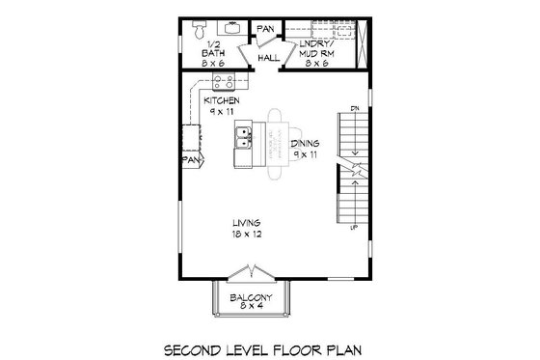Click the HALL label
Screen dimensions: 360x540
(269, 58)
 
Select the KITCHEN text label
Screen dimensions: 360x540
(222, 99)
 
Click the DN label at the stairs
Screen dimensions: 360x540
(356, 106)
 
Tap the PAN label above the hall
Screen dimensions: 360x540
(265, 29)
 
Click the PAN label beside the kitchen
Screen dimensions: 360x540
(193, 158)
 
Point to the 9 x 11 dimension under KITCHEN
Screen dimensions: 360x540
(222, 111)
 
